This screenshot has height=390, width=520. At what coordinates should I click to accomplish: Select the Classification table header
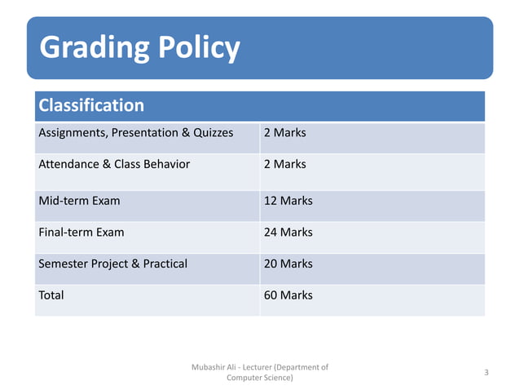tap(91, 105)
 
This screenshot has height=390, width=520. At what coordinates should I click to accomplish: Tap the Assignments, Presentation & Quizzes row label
tap(136, 132)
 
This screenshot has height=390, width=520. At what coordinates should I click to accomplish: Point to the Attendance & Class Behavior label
tap(114, 164)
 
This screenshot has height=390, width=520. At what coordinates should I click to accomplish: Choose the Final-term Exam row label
tap(82, 232)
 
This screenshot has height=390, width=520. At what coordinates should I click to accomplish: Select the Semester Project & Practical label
tap(112, 264)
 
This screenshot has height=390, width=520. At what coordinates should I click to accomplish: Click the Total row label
tap(51, 295)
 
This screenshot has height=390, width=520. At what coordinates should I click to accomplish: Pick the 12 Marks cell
tap(288, 200)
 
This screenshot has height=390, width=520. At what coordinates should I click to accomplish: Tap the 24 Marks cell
tap(288, 232)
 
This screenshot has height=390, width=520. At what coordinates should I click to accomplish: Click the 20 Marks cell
tap(288, 264)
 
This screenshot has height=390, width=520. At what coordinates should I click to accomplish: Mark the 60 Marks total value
tap(288, 295)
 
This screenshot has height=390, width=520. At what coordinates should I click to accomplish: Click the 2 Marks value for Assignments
tap(284, 132)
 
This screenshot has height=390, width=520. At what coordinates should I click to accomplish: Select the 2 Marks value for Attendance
tap(284, 164)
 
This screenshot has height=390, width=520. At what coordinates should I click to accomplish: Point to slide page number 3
tap(486, 373)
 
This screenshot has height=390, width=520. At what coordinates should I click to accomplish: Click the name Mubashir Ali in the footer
tap(211, 367)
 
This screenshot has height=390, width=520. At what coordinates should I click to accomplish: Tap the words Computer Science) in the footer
tap(260, 378)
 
